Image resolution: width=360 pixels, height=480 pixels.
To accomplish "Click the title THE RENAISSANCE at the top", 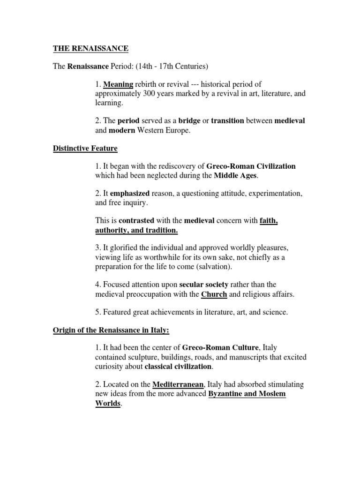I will pos(90,48).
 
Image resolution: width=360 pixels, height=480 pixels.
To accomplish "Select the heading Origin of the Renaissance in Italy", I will pos(110,330).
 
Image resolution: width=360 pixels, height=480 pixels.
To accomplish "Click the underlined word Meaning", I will pos(118,85).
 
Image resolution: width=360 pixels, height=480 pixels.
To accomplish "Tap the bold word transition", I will pos(227,120).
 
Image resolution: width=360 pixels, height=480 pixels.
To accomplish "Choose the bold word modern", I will pos(122,130).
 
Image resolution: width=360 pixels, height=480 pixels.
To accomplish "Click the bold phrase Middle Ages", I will pos(236,176).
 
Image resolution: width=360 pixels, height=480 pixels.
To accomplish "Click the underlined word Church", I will pos(214,294).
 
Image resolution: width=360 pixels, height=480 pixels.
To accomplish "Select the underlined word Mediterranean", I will pos(178,384).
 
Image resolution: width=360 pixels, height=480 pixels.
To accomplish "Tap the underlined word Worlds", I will pos(108,403).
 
